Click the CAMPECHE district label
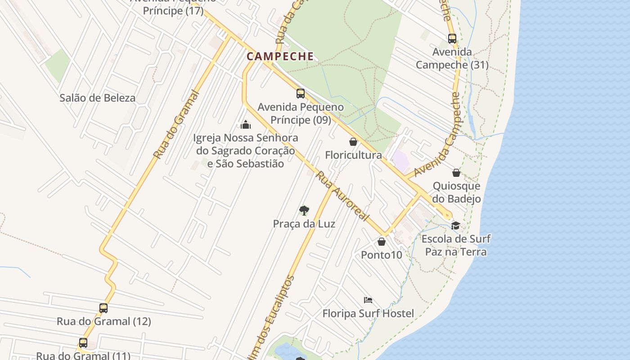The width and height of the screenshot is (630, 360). pos(280,56)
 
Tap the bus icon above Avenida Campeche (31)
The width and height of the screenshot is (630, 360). pos(452,39)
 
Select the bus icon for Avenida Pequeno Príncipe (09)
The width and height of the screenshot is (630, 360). pos(301,94)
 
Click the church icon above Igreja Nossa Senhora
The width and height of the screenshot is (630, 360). pos(246,124)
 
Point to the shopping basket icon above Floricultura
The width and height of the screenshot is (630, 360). pos(353,142)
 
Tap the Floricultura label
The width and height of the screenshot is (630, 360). pos(353,155)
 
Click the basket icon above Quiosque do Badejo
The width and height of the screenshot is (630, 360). pos(456,173)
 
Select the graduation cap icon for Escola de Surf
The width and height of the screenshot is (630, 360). pos(456,225)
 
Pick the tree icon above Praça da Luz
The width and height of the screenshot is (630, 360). pos(304,210)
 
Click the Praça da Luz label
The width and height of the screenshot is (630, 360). pos(304,224)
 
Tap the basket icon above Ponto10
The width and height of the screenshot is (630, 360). pos(382,242)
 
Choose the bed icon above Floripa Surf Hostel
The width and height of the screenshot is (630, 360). pos(368,300)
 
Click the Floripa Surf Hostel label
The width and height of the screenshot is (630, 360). pos(368,313)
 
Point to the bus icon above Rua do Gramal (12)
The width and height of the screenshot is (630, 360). pos(103,308)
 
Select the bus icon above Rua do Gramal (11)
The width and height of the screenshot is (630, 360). pos(83,342)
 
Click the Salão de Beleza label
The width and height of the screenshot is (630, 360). pos(97,98)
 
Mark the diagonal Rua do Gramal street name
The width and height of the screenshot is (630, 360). pos(176,124)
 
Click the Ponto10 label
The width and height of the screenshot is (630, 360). pos(382,255)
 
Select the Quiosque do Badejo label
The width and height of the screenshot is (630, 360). pos(456,192)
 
